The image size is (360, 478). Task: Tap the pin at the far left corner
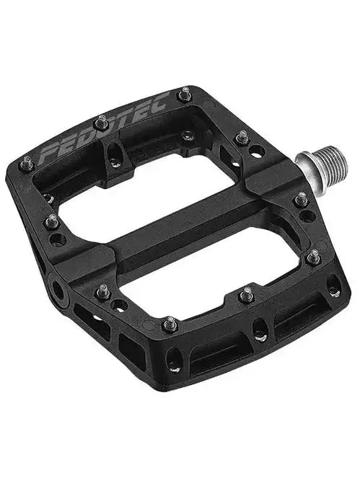click(27, 161)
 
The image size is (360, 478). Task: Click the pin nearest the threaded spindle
click(242, 136)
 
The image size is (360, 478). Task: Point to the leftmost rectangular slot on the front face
click(81, 311)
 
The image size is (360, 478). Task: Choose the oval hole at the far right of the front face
click(332, 288)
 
